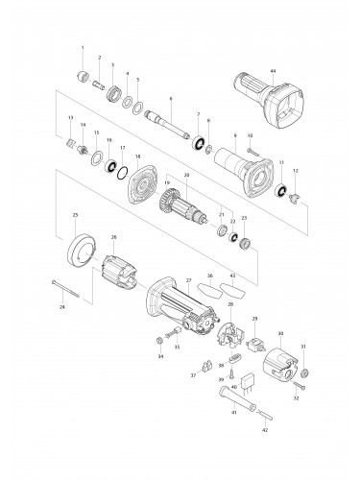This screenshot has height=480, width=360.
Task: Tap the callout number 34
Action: (x=160, y=356)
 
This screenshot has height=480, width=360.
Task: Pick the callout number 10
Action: (x=250, y=135)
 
